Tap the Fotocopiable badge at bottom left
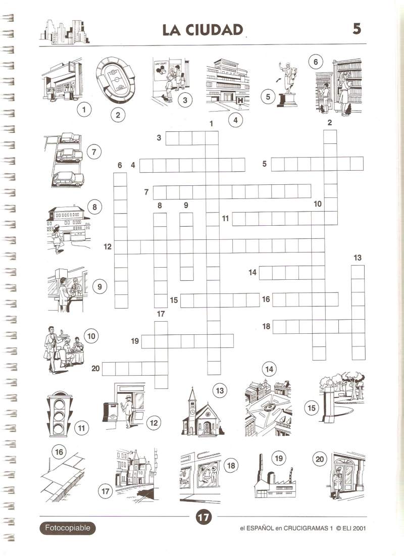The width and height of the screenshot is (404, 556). point(67,528)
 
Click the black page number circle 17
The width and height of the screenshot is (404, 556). point(203,517)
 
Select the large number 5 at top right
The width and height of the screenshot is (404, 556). point(357,28)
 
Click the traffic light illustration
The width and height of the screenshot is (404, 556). point(59,413)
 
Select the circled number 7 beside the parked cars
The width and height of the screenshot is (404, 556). point(94,152)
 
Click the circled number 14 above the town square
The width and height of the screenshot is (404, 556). point(269,369)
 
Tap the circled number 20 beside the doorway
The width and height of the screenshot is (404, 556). point(320,459)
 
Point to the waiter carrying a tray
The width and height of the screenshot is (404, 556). point(52,349)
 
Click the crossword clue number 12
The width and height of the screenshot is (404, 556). point(108,247)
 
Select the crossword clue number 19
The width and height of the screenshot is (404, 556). point(135,341)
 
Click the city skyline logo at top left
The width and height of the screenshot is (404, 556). point(65,32)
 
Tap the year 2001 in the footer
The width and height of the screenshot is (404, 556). point(359,528)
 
